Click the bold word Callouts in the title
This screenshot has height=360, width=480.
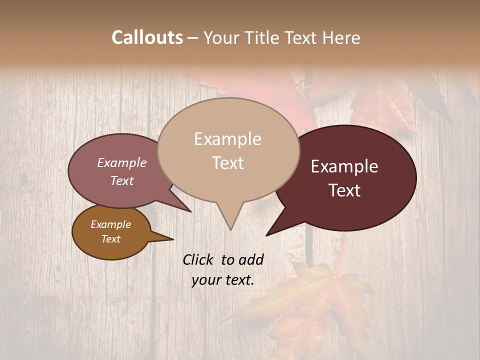click(x=147, y=37)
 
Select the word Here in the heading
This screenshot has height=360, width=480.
click(x=341, y=37)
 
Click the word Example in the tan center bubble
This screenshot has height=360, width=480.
click(x=227, y=139)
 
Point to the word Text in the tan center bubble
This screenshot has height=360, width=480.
click(x=227, y=163)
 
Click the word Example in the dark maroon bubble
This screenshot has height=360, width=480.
click(x=344, y=166)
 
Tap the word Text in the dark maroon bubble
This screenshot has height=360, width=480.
click(x=344, y=190)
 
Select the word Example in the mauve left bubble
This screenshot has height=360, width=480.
click(x=121, y=162)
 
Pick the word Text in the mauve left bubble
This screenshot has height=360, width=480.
click(x=121, y=180)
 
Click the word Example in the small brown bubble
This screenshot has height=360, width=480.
click(x=110, y=224)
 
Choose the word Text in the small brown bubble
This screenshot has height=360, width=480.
click(x=110, y=239)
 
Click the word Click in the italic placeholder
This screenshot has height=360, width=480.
click(x=198, y=259)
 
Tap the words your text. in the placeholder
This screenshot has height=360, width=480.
click(x=222, y=280)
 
